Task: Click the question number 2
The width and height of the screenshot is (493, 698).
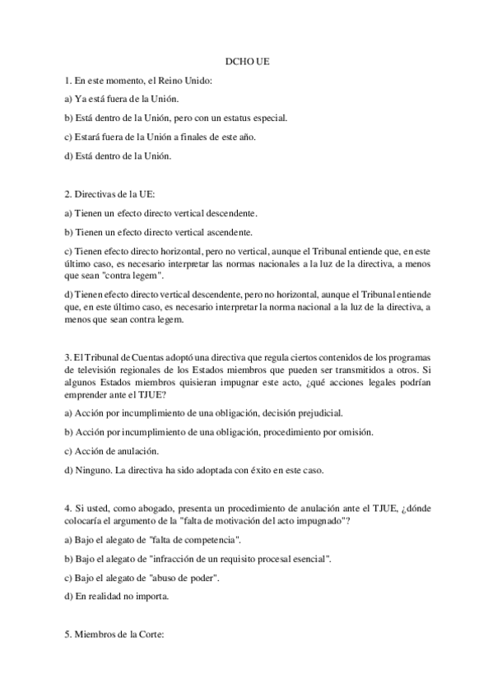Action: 67,195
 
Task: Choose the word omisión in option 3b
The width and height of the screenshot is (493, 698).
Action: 351,431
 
